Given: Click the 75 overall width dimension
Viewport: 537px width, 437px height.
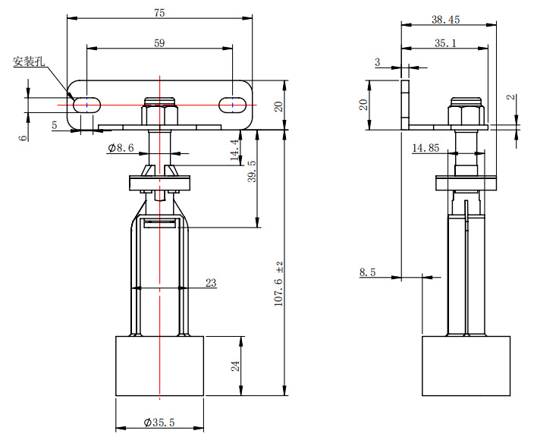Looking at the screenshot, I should click(x=159, y=12).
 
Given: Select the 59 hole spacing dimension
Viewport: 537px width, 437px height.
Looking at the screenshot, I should click(x=159, y=44).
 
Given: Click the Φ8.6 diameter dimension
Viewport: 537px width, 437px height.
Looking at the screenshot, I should click(x=121, y=149).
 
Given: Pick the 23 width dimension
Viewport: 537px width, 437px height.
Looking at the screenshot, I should click(x=210, y=283).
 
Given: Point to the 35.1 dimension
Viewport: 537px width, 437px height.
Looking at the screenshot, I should click(x=445, y=44).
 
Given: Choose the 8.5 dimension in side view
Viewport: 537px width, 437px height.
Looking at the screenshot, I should click(x=368, y=272).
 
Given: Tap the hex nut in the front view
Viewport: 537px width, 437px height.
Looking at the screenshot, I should click(x=159, y=115).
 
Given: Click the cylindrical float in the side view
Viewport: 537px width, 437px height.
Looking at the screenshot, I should click(x=465, y=365).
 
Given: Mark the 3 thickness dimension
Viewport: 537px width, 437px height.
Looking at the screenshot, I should click(x=378, y=61).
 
